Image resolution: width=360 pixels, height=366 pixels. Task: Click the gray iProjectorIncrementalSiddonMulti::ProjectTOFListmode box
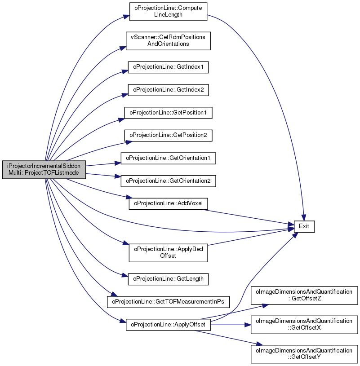tap(44, 170)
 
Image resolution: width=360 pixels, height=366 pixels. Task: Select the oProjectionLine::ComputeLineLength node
tap(168, 11)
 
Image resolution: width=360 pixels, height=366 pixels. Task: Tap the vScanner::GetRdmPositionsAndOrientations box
tap(168, 41)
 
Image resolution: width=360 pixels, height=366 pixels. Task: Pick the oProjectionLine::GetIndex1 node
tap(168, 67)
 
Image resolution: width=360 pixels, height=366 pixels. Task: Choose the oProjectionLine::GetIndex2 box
tap(168, 90)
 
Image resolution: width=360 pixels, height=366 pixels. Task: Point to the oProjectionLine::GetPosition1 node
tap(168, 113)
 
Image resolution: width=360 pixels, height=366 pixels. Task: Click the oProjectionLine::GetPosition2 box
tap(168, 135)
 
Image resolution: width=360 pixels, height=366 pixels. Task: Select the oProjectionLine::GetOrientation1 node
tap(168, 158)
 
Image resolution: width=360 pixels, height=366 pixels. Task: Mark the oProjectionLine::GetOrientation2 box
tap(168, 181)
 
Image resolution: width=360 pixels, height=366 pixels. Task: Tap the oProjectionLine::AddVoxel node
tap(168, 203)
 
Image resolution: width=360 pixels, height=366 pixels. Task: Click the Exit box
tap(304, 226)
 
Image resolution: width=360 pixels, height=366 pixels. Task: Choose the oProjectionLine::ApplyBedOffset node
tap(168, 253)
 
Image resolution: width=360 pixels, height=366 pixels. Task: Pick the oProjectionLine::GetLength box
tap(168, 279)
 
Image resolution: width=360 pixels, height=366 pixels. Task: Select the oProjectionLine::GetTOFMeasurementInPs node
tap(168, 302)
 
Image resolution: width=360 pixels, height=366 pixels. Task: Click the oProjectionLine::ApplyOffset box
tap(168, 325)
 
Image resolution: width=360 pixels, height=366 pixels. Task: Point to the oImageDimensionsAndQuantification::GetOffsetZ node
tap(304, 295)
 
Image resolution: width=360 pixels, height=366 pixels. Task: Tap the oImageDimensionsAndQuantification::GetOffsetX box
tap(304, 325)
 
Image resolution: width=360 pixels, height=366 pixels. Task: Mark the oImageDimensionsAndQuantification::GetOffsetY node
tap(304, 354)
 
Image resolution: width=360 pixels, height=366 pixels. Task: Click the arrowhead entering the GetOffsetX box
tap(248, 325)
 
